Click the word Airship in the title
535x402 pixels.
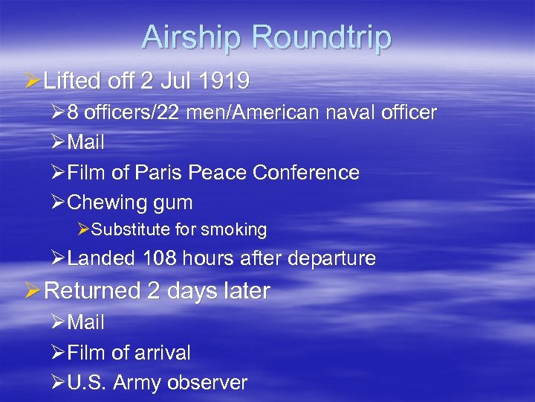(x=193, y=37)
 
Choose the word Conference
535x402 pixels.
(x=306, y=173)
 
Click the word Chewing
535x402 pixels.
(x=103, y=202)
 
